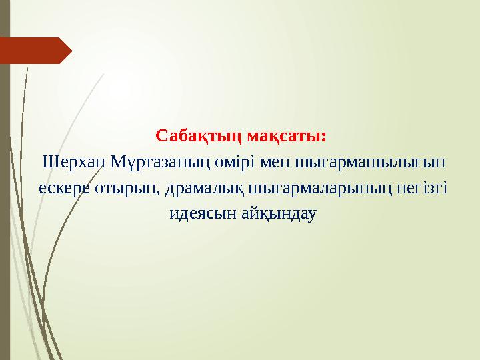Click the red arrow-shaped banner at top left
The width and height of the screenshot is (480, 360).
click(37, 51)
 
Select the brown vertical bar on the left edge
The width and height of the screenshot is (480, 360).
click(5, 200)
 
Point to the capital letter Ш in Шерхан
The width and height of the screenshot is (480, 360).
click(48, 162)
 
